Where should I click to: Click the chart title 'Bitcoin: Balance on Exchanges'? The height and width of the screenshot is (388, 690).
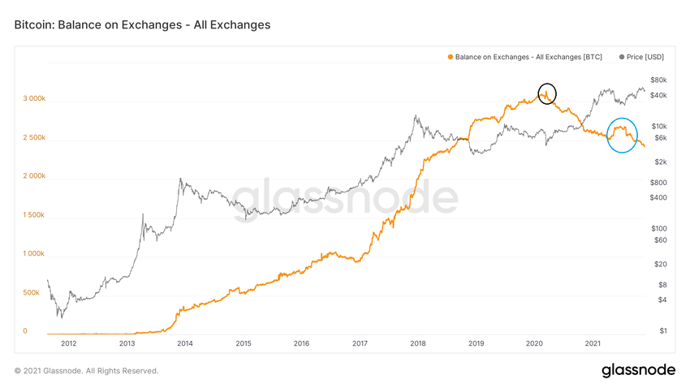pos(142,25)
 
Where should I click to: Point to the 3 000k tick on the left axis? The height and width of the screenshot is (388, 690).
pos(34,98)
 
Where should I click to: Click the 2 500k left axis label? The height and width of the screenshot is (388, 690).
pos(34,137)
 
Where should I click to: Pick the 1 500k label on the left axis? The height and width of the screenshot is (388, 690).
pos(34,215)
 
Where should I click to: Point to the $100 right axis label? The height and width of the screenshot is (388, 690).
pos(658,228)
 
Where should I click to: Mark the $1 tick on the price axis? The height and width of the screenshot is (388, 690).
pos(662,330)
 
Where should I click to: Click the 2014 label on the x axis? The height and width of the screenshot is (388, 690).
pos(184,343)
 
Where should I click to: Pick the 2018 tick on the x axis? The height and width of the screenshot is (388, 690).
pos(418,343)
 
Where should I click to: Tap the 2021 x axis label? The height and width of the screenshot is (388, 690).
pos(593,343)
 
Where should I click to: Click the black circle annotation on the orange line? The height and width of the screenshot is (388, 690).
pos(547,93)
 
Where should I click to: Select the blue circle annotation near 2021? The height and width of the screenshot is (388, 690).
pos(622,136)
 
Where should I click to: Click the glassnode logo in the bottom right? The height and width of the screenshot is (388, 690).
pos(638,370)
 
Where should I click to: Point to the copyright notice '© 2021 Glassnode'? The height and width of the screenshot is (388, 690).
pos(87,371)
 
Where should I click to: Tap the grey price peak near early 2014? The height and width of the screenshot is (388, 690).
pos(179,179)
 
